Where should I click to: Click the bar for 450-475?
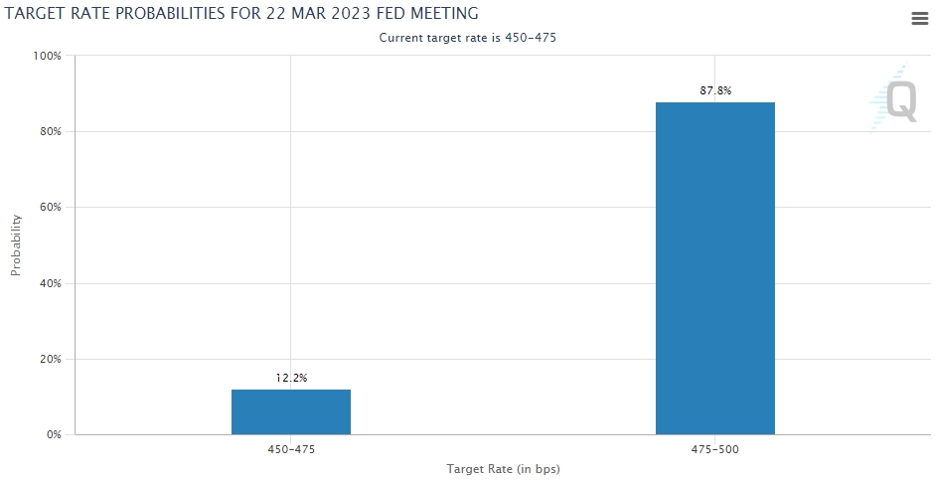(x=290, y=411)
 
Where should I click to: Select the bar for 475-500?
(x=714, y=268)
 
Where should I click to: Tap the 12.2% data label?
(x=291, y=378)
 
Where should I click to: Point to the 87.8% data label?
(x=715, y=90)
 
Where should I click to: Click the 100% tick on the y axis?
(x=48, y=56)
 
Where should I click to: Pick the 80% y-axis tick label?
(x=50, y=132)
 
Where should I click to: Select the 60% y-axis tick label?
(x=50, y=208)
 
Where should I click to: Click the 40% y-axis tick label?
(x=50, y=283)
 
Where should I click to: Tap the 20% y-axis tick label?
(x=50, y=359)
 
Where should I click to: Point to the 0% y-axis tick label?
(x=54, y=435)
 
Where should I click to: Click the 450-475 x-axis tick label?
(x=290, y=449)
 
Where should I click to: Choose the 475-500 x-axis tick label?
(x=714, y=449)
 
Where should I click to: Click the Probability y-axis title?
(x=16, y=244)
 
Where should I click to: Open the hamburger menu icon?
(x=919, y=19)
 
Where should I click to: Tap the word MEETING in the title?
(x=442, y=14)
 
